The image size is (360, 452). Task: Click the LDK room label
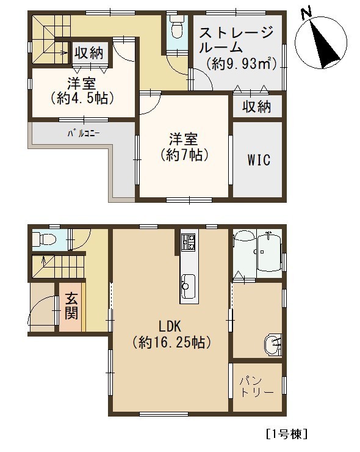tap(170, 327)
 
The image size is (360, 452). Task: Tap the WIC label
tap(259, 159)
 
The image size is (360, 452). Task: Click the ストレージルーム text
tap(236, 40)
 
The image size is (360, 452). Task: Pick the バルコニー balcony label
tap(84, 134)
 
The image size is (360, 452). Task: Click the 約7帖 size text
tap(184, 156)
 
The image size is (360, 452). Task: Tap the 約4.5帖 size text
tap(82, 99)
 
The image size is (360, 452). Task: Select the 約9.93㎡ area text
tap(242, 64)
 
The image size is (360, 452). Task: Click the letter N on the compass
tap(306, 13)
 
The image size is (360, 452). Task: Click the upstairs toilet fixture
tap(176, 27)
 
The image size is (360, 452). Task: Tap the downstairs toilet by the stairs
tap(43, 239)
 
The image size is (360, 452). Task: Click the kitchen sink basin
tap(188, 286)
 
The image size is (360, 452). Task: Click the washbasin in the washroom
tap(273, 344)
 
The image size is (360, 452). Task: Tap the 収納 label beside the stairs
tap(89, 53)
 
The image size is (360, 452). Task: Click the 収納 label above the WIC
tap(256, 107)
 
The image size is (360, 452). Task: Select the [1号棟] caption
tap(287, 434)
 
